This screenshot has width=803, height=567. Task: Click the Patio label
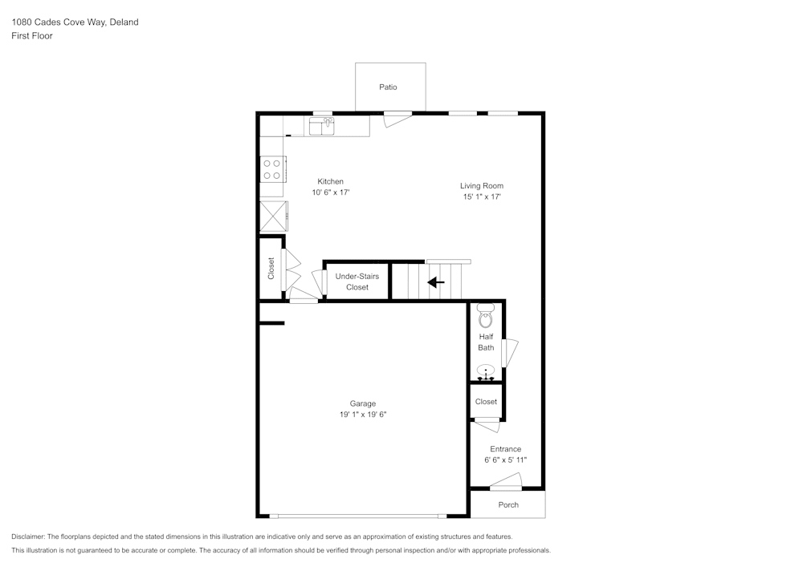[389, 87]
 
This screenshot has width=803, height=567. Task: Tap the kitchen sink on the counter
[322, 126]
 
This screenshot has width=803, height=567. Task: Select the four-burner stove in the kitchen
[271, 168]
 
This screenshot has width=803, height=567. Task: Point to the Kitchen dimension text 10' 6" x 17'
[331, 192]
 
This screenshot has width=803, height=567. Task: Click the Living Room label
[481, 186]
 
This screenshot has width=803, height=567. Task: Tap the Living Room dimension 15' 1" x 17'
[481, 196]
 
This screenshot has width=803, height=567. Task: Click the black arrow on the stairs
[436, 282]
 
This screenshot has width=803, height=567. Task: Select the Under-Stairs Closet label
[357, 281]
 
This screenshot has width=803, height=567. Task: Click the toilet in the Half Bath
[486, 317]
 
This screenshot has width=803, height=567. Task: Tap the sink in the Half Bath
[486, 371]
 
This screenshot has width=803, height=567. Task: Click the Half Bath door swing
[510, 353]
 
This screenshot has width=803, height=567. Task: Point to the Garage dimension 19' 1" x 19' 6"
[362, 415]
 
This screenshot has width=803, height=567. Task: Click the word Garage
[362, 403]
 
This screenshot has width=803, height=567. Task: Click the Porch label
[508, 504]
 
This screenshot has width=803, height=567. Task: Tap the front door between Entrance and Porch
[506, 482]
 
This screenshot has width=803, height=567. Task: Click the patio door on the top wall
[397, 118]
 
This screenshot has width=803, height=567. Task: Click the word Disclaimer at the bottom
[28, 537]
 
